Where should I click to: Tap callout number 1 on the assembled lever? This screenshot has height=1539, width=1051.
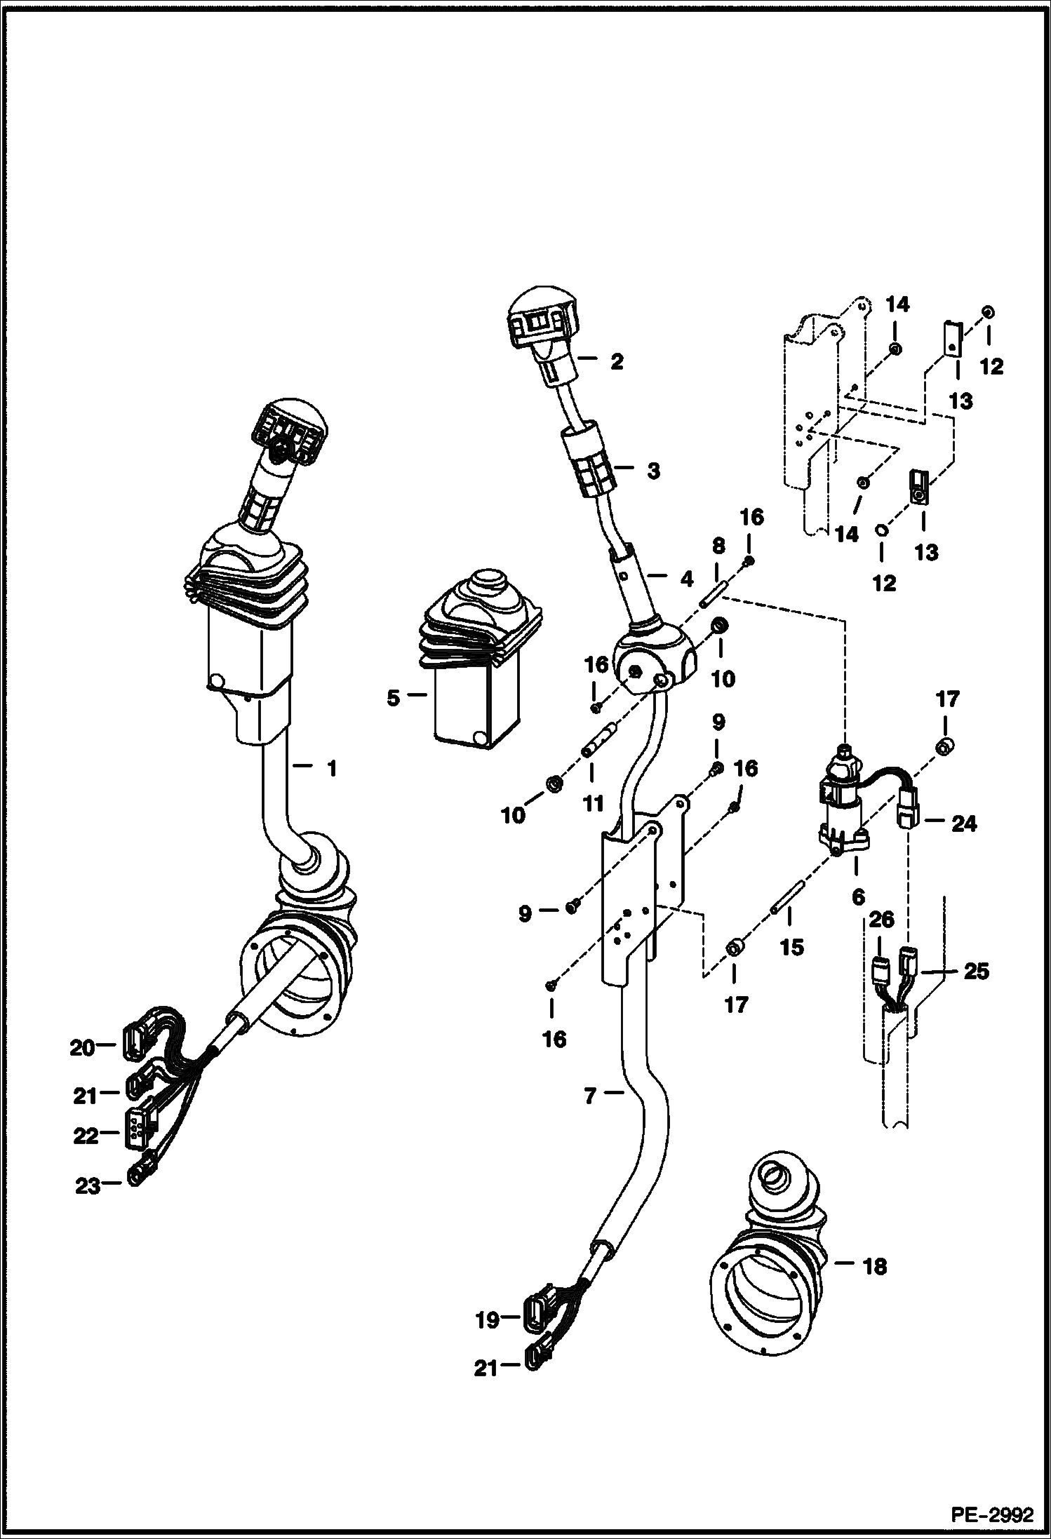point(332,769)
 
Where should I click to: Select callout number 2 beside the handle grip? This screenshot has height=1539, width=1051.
point(616,362)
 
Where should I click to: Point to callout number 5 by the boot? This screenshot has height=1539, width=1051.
point(393,698)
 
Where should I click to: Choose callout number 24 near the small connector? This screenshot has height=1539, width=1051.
point(963,824)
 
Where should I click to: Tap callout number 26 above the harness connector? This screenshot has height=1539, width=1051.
point(881,920)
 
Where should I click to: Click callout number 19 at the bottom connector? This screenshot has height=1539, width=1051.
point(487,1320)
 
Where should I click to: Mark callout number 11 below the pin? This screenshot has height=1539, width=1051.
point(594,803)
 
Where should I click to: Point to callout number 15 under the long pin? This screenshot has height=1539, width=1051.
point(791,947)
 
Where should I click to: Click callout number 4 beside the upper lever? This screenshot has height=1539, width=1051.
point(686,579)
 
